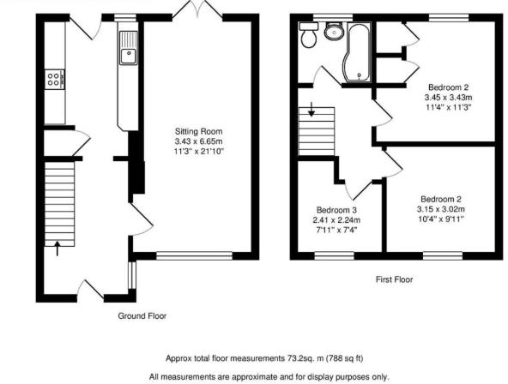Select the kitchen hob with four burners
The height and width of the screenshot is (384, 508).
(52, 80)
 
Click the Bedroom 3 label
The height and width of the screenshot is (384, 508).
(336, 210)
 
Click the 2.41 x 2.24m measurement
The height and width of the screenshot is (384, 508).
(336, 219)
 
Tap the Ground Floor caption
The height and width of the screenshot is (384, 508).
(142, 315)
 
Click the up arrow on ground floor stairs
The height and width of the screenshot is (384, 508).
(58, 249)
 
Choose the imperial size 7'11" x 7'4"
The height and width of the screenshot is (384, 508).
(336, 230)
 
